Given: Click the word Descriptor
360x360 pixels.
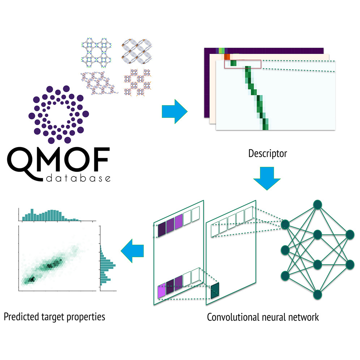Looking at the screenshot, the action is tap(267, 154).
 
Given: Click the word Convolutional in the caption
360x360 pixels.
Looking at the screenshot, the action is tap(233, 317).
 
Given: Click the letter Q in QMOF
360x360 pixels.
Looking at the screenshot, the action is tap(22, 162).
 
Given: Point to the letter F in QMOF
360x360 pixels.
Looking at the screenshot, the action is tap(100, 159).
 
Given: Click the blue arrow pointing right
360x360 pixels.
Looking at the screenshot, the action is tap(175, 112).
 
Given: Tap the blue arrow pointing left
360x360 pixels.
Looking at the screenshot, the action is tap(132, 251).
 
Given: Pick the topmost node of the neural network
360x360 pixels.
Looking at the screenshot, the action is tap(317, 205).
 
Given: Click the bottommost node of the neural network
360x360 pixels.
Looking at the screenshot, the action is tap(317, 295).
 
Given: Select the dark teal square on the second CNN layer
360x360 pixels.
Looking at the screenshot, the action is tap(215, 291).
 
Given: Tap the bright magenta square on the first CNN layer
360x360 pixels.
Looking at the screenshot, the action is tap(162, 291).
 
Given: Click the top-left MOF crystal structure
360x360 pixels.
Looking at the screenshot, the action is tap(97, 53).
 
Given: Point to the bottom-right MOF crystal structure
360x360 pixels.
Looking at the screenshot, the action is tap(137, 82).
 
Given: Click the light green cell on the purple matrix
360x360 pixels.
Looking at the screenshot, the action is tap(222, 51).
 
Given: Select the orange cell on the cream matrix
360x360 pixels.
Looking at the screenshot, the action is tap(227, 57).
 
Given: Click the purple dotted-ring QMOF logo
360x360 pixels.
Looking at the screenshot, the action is tap(59, 115).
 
